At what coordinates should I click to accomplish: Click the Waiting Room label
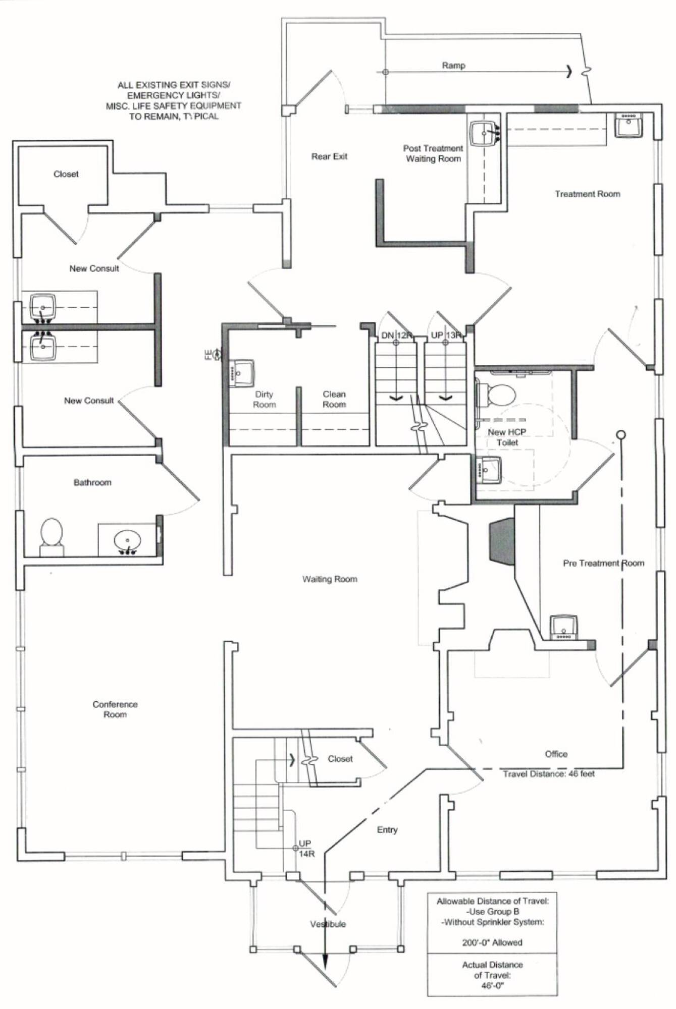click(330, 579)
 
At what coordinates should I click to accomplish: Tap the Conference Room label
click(115, 709)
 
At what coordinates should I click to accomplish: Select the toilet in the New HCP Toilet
click(496, 394)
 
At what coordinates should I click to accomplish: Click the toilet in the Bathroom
click(51, 536)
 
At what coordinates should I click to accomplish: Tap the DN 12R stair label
click(397, 335)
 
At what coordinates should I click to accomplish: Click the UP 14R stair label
click(306, 849)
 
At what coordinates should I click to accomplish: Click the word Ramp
click(453, 66)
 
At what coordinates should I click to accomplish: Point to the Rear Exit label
click(329, 156)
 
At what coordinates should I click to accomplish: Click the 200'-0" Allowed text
click(492, 942)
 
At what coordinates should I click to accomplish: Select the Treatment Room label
click(587, 194)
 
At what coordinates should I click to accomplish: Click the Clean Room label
click(334, 399)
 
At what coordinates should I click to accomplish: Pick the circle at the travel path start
click(621, 434)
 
